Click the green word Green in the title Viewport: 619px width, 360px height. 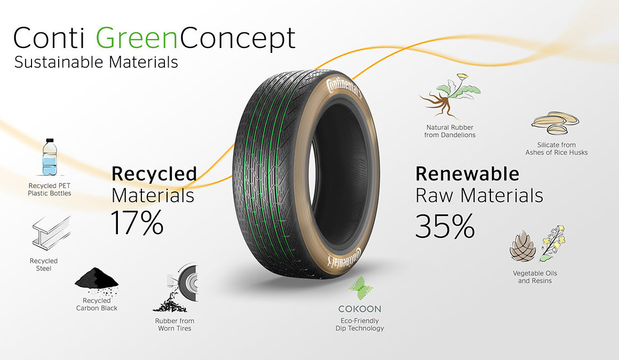pos(137,38)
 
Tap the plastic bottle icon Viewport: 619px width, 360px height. pos(49,157)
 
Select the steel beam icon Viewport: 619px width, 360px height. pos(51,233)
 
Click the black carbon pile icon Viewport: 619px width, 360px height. pos(97,282)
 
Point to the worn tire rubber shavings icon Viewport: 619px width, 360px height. pos(176,288)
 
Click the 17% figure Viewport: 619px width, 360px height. pos(137,222)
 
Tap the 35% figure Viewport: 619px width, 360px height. pos(445,226)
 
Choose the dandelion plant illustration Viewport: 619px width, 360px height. pos(450,96)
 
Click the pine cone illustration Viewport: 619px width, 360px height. pos(522,247)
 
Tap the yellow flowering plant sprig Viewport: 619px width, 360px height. pos(553,243)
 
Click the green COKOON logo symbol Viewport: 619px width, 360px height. pos(360,289)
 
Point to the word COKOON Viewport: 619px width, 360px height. pos(360,309)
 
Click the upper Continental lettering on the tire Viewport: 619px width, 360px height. pos(344,89)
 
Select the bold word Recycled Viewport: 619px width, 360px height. pos(154,174)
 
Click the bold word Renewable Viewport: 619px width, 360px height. pos(467,174)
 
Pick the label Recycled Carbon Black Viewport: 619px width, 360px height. pos(97,305)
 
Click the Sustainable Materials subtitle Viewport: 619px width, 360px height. pos(96,62)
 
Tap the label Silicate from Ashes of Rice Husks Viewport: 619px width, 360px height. pos(557,148)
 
